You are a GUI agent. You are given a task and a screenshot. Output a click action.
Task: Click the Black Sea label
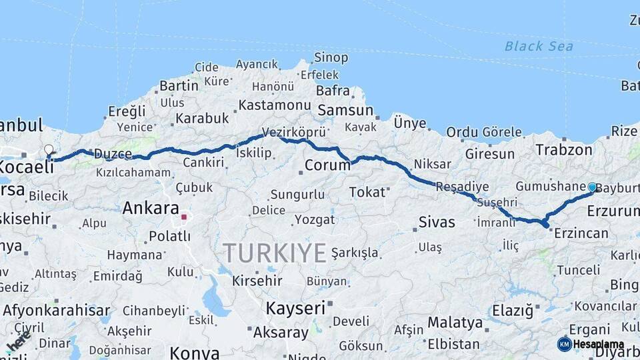tap(538, 46)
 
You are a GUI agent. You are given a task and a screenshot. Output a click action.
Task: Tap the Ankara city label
tap(151, 207)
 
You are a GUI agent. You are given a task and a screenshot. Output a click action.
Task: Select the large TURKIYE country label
tap(275, 253)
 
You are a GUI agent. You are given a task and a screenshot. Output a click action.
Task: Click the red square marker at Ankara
tap(184, 217)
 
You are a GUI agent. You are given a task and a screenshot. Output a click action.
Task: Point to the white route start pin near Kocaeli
tap(49, 150)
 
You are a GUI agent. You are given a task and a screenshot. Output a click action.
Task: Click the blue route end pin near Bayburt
tap(592, 187)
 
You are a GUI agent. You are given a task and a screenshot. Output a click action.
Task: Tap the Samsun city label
tap(345, 110)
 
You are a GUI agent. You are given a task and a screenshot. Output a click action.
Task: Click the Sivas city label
tap(437, 222)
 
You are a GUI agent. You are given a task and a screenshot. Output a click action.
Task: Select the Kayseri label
tap(295, 308)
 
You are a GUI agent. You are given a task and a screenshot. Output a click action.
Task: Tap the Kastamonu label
tap(275, 105)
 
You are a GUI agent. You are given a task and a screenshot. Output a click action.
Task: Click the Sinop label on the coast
tap(331, 58)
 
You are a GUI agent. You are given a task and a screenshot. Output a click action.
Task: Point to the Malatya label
tap(455, 323)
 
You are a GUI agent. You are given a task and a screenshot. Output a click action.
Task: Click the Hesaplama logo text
tap(598, 345)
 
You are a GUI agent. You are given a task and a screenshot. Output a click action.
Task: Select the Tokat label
tap(367, 192)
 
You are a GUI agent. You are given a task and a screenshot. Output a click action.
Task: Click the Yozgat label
tap(314, 219)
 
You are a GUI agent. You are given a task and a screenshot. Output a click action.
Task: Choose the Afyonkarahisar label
tap(56, 310)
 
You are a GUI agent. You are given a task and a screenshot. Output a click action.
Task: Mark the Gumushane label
tap(550, 187)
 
